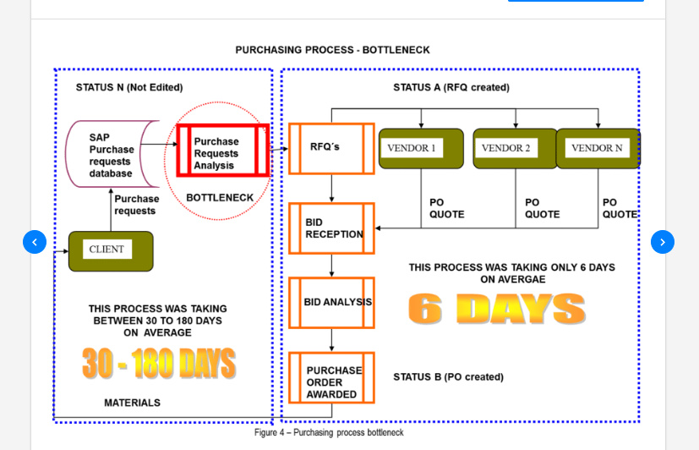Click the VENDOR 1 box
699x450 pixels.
[x=421, y=148]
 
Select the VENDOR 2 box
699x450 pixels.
[x=515, y=148]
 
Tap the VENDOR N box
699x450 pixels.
[x=598, y=148]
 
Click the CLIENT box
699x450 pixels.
[x=111, y=250]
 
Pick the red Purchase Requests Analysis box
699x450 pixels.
[x=222, y=151]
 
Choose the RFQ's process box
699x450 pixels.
[x=331, y=148]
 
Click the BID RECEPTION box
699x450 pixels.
[x=331, y=228]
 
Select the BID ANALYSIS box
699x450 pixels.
[x=331, y=302]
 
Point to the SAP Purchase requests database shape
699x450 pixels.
[x=112, y=155]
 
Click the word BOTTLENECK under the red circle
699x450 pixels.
[x=220, y=198]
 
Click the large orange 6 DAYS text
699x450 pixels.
[x=496, y=310]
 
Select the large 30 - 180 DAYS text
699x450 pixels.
[x=158, y=364]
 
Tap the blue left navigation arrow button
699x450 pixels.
[x=35, y=242]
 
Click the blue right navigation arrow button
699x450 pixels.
[x=663, y=242]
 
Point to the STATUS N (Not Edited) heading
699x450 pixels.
[x=129, y=87]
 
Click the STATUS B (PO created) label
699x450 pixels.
[x=448, y=377]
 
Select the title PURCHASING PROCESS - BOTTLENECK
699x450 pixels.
[x=332, y=50]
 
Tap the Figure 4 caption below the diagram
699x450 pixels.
[x=329, y=433]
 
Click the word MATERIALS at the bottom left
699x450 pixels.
[x=132, y=403]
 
